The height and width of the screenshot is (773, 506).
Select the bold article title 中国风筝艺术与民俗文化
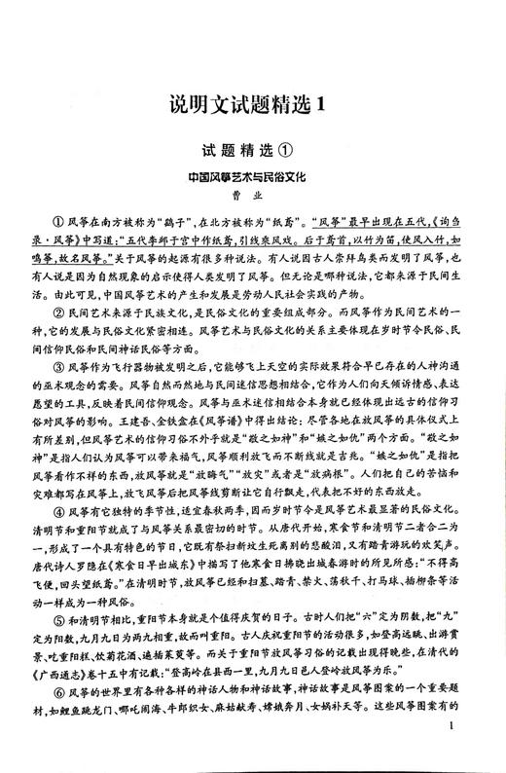tap(252, 181)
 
